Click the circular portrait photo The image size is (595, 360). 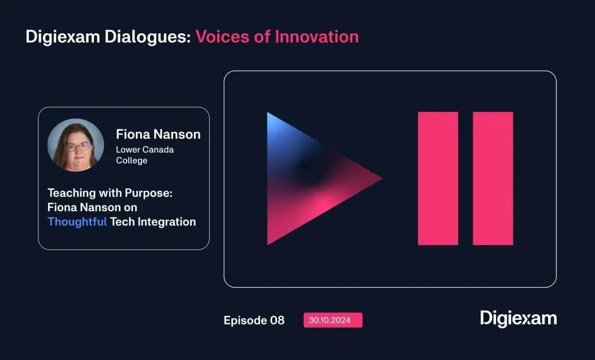tap(75, 144)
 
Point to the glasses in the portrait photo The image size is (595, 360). tap(77, 147)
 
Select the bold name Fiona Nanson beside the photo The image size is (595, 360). tap(158, 134)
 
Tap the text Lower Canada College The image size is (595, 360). tap(144, 155)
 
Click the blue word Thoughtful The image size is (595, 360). tap(77, 222)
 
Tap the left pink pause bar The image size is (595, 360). tap(438, 178)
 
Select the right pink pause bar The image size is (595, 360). tap(493, 178)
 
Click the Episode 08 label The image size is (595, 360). tap(254, 320)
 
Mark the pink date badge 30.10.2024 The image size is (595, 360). tap(333, 320)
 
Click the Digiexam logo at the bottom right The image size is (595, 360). tap(518, 318)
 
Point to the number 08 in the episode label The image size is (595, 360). tap(277, 320)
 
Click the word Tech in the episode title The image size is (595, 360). tap(122, 222)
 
